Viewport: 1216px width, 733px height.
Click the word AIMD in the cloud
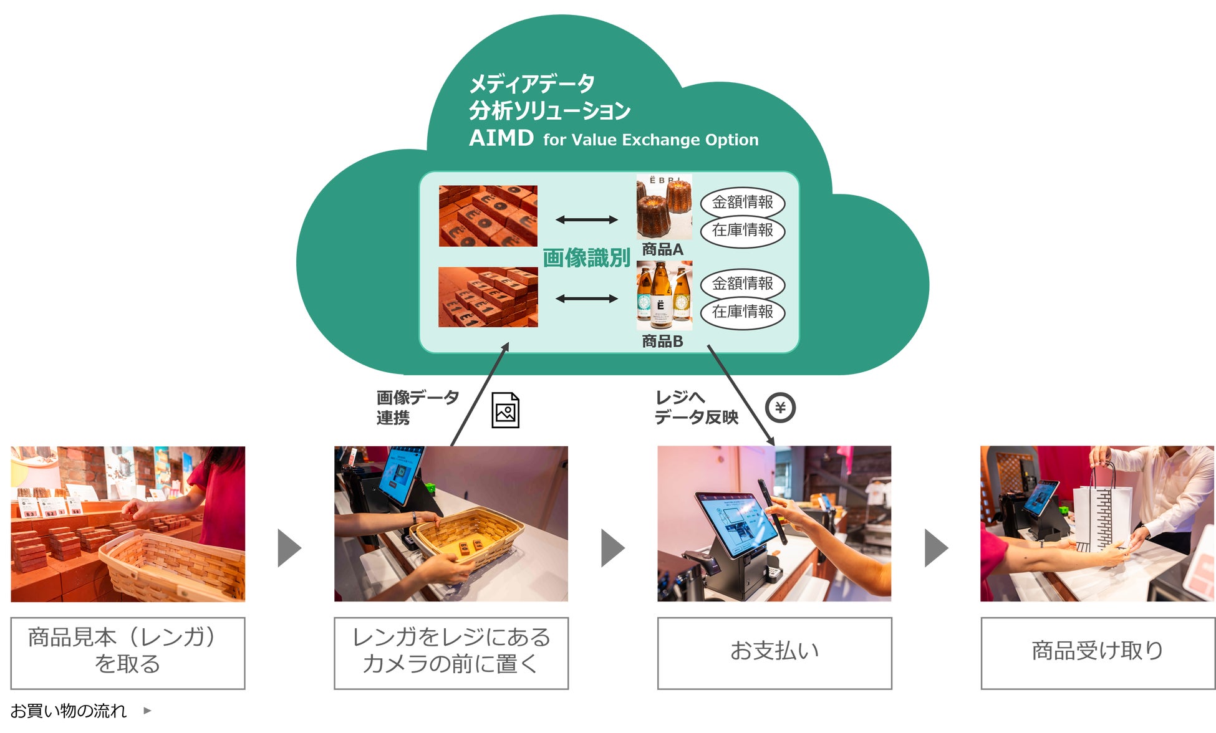tap(501, 138)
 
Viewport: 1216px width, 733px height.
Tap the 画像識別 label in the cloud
tap(586, 257)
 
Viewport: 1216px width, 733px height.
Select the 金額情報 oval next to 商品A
tap(742, 203)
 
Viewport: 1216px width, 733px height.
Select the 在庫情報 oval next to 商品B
tap(742, 312)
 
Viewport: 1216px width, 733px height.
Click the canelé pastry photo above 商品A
tap(663, 208)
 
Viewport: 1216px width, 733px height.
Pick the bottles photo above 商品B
tap(663, 295)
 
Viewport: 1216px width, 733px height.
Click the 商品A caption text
tap(662, 249)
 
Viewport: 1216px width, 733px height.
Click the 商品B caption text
tap(662, 341)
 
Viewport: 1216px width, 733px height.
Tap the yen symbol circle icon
tap(780, 408)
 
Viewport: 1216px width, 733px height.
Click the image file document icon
tap(505, 410)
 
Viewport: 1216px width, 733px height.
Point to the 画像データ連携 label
tap(417, 407)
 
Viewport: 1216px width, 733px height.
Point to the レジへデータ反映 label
tap(695, 407)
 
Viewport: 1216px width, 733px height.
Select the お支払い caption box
tap(774, 653)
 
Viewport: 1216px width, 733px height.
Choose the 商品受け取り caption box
tap(1097, 653)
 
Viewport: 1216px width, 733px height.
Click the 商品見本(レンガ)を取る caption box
tap(128, 653)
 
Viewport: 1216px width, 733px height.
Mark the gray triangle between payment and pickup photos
tap(935, 548)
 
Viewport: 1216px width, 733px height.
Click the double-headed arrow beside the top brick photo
tap(586, 219)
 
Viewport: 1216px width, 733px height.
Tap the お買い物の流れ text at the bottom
tap(69, 711)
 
